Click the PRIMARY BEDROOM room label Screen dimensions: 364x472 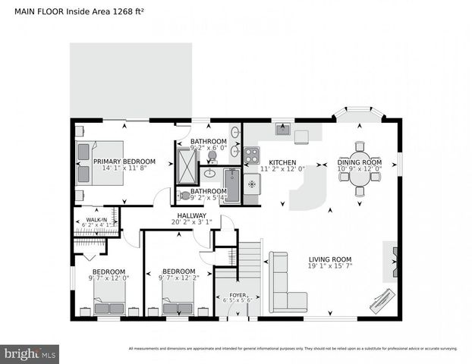124,162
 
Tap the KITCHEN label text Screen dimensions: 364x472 282,162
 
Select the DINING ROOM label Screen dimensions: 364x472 359,162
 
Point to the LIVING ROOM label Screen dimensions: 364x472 335,259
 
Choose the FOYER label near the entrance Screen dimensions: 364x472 238,294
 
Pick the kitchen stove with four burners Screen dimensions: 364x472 252,155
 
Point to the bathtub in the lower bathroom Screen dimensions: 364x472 231,186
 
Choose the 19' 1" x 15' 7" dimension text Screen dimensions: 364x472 335,266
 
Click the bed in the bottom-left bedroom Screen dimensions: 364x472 109,302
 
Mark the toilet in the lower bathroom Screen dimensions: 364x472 185,195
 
